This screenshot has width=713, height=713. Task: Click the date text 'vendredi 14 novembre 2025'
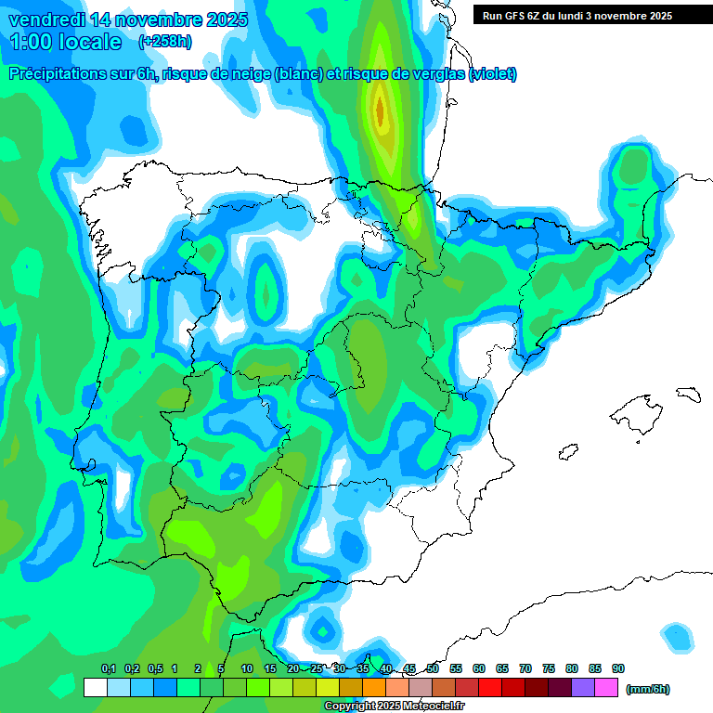tap(128, 19)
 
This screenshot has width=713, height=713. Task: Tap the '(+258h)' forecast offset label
tap(165, 41)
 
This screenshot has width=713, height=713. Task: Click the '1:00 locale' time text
tap(65, 42)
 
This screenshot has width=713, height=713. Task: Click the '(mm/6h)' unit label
tap(647, 689)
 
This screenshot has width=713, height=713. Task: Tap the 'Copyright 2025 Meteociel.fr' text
tap(394, 707)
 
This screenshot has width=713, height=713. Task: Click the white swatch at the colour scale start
tap(95, 688)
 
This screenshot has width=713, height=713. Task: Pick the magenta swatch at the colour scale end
tap(606, 688)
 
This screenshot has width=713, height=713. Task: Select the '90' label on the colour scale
tap(618, 668)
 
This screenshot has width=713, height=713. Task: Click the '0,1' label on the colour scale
tap(109, 668)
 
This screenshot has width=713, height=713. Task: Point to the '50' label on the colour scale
tap(433, 668)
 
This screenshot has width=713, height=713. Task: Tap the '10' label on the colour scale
tap(247, 668)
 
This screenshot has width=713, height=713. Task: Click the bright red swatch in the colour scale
tap(490, 688)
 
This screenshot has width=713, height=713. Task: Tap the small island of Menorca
tap(687, 394)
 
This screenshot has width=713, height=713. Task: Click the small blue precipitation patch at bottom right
tap(679, 636)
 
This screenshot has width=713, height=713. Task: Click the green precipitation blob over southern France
tap(635, 167)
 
